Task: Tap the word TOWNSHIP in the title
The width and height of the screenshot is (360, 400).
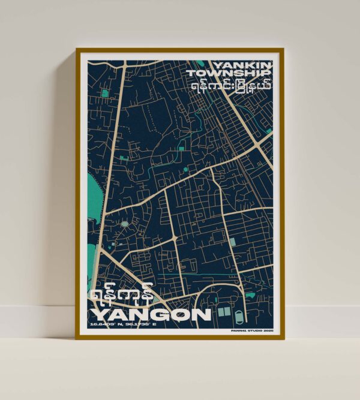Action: (229, 73)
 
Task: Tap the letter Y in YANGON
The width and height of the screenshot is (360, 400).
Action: (98, 314)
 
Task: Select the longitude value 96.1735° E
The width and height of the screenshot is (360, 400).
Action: (142, 325)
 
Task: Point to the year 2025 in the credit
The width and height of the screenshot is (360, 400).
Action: (265, 329)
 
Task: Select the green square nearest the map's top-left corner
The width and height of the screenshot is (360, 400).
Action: (106, 93)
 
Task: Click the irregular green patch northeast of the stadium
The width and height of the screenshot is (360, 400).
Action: (250, 295)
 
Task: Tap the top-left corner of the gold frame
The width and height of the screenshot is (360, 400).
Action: (77, 49)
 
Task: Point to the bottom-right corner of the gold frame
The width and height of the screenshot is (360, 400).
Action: (283, 339)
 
